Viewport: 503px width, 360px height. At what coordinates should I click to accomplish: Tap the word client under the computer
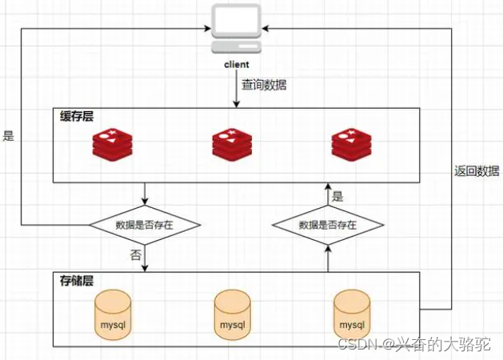tap(237, 64)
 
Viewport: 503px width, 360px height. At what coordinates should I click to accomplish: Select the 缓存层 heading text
tap(77, 117)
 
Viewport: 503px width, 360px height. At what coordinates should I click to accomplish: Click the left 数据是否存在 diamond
tap(145, 226)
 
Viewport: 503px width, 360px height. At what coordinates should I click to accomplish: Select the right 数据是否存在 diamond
tap(328, 226)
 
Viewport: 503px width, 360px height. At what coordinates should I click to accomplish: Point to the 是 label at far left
tap(9, 136)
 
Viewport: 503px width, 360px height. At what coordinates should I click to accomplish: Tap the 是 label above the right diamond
tap(337, 195)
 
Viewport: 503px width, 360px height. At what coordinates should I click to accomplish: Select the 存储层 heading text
tap(77, 281)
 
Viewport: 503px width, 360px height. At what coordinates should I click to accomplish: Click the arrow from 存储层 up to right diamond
tap(328, 260)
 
